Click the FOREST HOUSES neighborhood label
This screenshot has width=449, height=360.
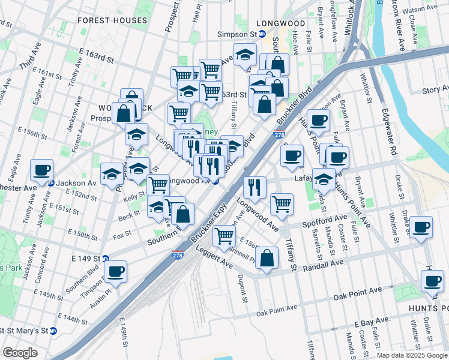point(112,20)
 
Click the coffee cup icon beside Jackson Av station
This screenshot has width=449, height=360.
point(41,170)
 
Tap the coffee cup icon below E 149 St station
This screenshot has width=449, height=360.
point(115,271)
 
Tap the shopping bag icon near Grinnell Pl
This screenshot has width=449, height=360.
point(267,259)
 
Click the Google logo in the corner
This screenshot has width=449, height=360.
point(20,353)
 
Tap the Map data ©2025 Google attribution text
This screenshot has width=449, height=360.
point(411,355)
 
